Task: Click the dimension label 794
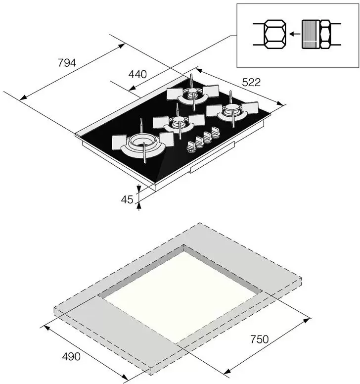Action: pyautogui.click(x=67, y=63)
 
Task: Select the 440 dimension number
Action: pyautogui.click(x=137, y=74)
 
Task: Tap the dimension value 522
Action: pyautogui.click(x=251, y=82)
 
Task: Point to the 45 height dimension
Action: pyautogui.click(x=127, y=199)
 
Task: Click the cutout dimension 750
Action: pyautogui.click(x=260, y=339)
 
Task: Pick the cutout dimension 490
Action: pyautogui.click(x=71, y=357)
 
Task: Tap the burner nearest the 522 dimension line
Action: pyautogui.click(x=232, y=110)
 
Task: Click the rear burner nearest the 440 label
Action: pyautogui.click(x=192, y=94)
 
